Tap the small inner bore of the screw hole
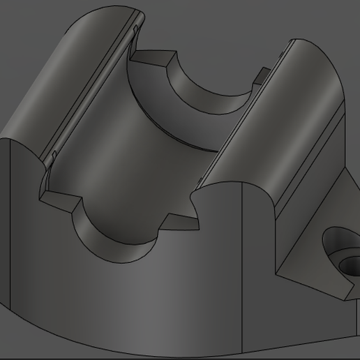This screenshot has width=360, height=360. (x=350, y=264)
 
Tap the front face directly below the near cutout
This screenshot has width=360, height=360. (x=126, y=293)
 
